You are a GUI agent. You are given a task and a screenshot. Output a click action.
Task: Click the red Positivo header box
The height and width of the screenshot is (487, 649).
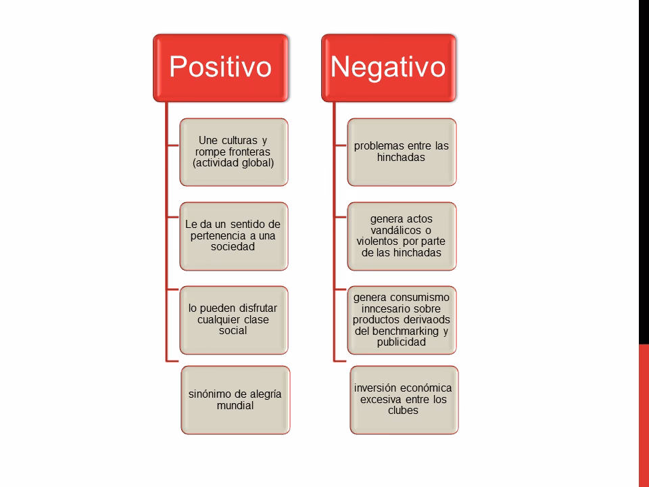coord(220,68)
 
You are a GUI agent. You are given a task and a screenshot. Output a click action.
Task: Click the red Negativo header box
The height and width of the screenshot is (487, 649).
coord(389,68)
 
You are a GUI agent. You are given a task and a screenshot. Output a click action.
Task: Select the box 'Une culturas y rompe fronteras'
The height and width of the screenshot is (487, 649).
coord(234,152)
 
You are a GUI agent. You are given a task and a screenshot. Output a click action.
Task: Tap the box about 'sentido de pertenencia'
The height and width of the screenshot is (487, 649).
coord(234,236)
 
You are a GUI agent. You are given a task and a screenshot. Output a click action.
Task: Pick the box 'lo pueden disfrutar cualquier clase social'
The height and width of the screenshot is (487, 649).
coord(234,320)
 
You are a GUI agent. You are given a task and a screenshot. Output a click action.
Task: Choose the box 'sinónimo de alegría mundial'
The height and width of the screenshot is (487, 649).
coord(235,400)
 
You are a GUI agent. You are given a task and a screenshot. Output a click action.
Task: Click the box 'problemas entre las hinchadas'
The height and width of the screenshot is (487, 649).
coord(402,152)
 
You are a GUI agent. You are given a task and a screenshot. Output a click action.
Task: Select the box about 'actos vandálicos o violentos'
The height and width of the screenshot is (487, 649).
coord(402,236)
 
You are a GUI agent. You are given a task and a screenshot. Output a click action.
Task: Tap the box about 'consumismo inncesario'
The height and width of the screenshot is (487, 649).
coord(402,320)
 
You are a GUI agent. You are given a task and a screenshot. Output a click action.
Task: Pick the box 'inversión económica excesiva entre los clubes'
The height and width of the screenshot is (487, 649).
coord(404,400)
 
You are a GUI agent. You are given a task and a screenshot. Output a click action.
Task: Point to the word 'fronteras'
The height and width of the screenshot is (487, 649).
coord(249,152)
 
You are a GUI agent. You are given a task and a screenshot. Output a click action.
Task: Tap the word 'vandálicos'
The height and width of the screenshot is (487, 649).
coord(395,230)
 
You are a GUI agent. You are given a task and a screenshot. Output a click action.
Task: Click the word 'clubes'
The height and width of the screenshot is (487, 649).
coord(403,411)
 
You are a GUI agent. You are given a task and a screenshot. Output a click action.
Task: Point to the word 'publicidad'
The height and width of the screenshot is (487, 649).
coord(402,342)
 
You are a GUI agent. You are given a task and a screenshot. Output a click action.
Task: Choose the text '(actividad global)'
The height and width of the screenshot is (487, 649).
coord(233,163)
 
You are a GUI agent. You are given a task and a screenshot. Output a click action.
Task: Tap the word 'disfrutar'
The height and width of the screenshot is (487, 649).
coord(257,308)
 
